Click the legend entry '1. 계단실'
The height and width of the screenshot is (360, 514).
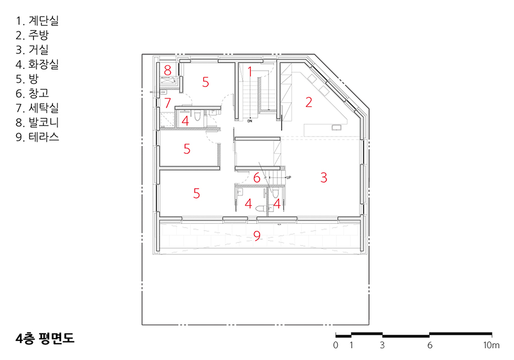click(x=37, y=21)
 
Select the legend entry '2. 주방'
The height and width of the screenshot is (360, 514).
click(x=32, y=35)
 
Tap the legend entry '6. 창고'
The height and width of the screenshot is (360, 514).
click(x=32, y=93)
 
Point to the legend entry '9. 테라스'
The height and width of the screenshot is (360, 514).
click(x=38, y=137)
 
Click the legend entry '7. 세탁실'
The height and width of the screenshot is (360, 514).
click(x=37, y=108)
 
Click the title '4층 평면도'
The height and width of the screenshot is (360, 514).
click(x=45, y=338)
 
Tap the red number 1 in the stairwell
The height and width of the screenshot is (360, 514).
click(x=250, y=71)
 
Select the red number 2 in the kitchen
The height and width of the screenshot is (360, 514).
click(x=309, y=102)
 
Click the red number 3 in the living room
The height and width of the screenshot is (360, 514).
click(x=323, y=177)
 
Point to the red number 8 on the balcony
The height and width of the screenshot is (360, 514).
click(x=168, y=70)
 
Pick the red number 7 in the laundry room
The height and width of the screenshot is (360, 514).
click(x=168, y=103)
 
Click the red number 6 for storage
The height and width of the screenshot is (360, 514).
click(x=256, y=178)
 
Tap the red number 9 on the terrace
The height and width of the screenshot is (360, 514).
click(x=257, y=236)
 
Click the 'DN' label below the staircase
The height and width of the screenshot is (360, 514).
click(x=250, y=121)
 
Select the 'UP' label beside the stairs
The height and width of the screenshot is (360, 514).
click(x=288, y=177)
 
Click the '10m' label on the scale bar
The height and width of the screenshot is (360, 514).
click(x=491, y=345)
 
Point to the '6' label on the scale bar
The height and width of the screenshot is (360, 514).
click(x=429, y=345)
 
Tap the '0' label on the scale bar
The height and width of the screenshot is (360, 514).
click(x=335, y=345)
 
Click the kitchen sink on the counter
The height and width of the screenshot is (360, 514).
click(x=336, y=127)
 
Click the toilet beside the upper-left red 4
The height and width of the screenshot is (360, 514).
click(x=197, y=115)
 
